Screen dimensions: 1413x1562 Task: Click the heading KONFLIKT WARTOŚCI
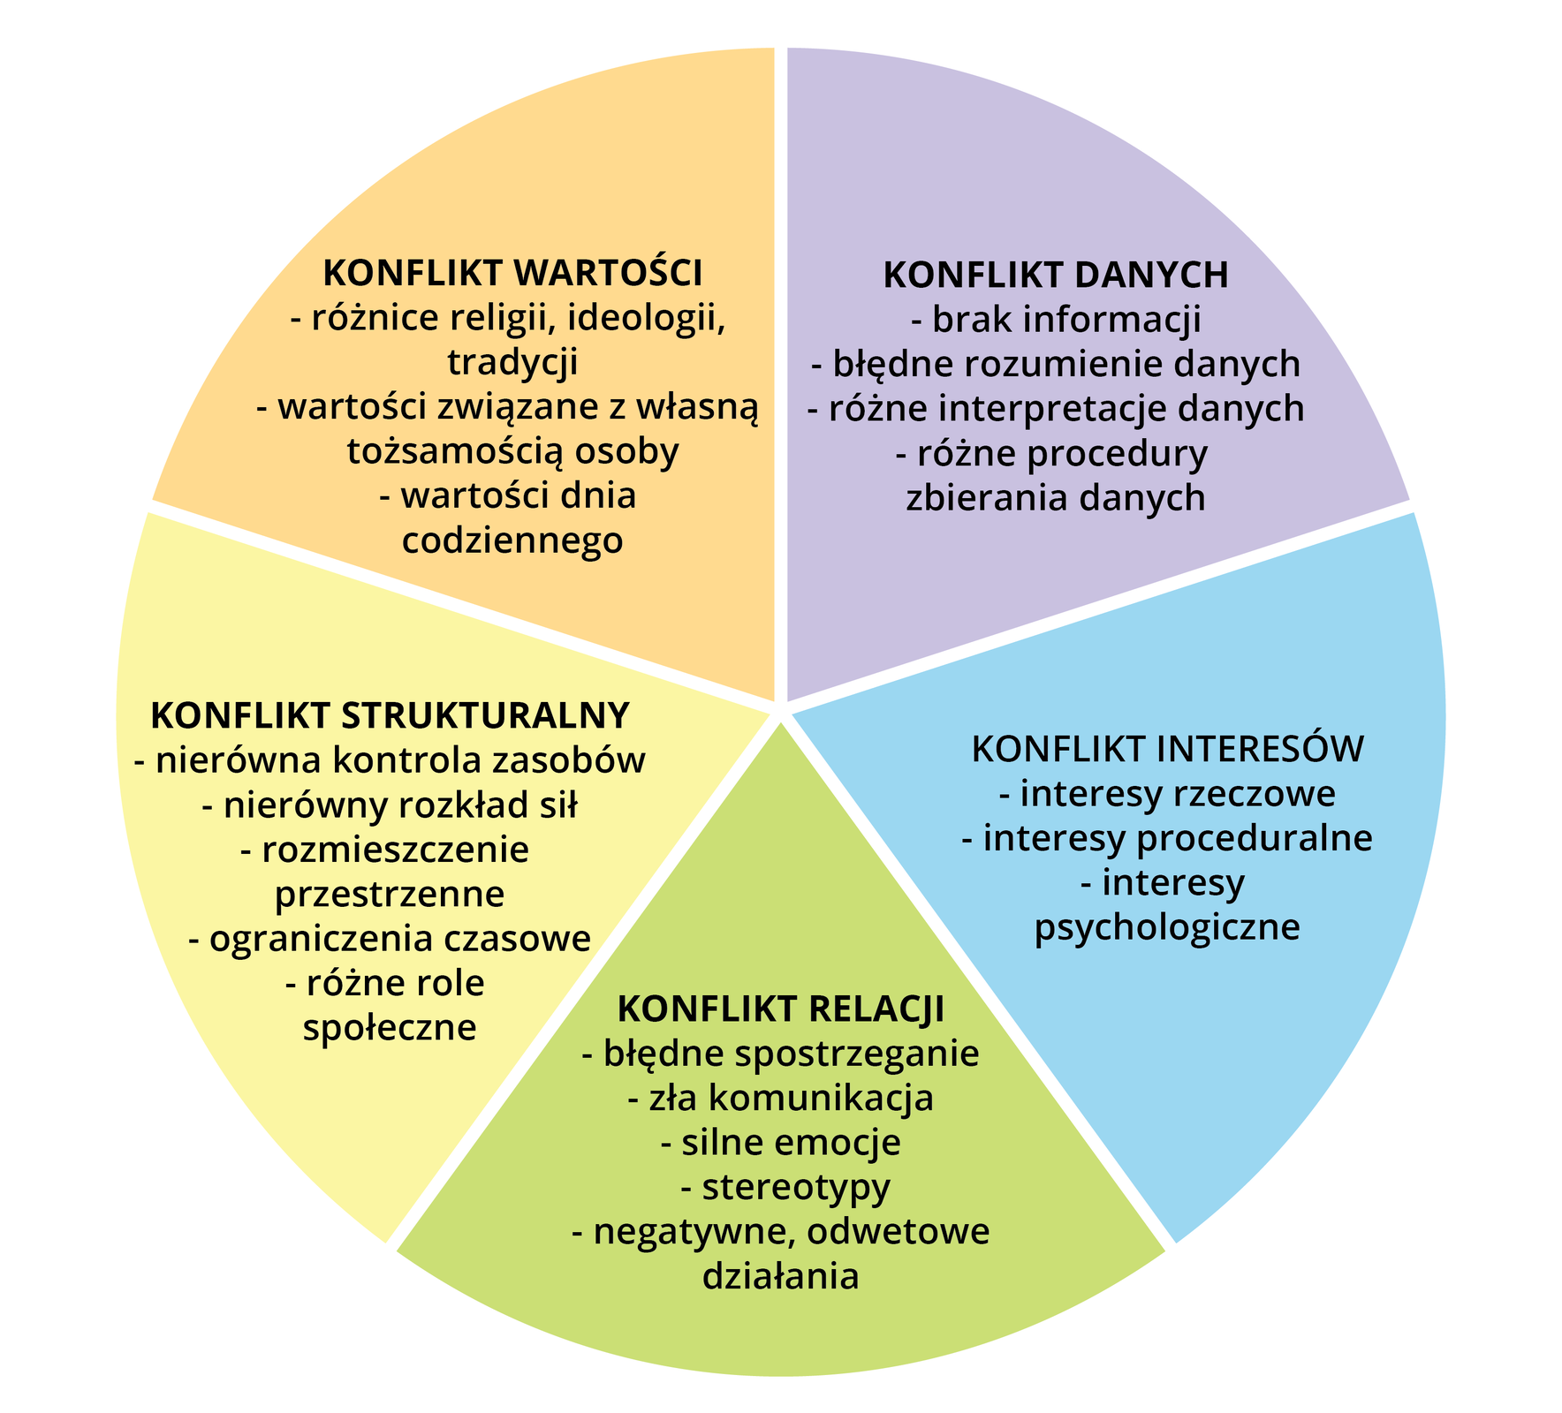tap(512, 273)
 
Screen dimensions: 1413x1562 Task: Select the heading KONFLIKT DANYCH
tap(1056, 275)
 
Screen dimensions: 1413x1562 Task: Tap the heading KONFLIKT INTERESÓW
tap(1167, 749)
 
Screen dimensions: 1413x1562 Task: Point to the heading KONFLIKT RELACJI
tap(780, 1009)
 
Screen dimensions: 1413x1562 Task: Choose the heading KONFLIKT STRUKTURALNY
tap(390, 714)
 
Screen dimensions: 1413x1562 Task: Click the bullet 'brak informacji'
tap(1056, 320)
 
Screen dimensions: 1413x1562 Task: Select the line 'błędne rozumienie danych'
tap(1056, 364)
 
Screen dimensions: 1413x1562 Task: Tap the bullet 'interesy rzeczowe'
tap(1167, 794)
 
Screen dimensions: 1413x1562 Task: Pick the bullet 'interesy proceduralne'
tap(1167, 838)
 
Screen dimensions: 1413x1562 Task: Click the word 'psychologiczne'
tap(1167, 927)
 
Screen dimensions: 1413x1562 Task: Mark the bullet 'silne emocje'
tap(780, 1143)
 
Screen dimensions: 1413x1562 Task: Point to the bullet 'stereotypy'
tap(785, 1187)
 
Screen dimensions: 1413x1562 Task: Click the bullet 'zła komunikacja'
tap(780, 1098)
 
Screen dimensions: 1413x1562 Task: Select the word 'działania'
tap(780, 1277)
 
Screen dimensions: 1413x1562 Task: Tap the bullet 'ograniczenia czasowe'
tap(390, 938)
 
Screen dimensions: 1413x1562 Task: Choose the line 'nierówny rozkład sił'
tap(390, 805)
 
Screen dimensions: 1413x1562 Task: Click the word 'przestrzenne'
tap(390, 895)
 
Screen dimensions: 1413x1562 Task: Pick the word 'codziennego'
tap(512, 540)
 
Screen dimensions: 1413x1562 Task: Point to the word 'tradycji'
tap(512, 362)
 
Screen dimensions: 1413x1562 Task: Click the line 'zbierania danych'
tap(1056, 498)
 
